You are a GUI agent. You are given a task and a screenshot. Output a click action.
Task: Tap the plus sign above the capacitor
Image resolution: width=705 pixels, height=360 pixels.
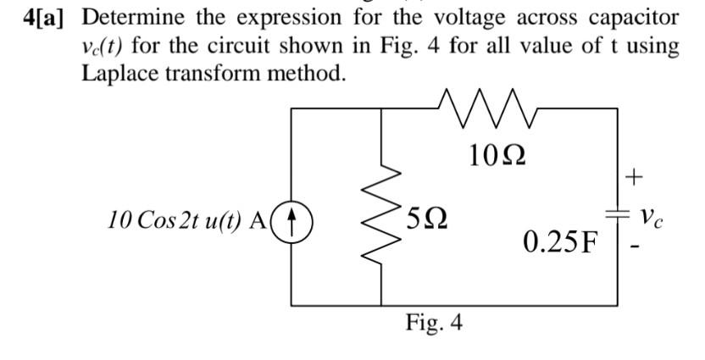click(x=633, y=177)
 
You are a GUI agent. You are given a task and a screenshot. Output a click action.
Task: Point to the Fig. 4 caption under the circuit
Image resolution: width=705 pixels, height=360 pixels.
click(x=434, y=324)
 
